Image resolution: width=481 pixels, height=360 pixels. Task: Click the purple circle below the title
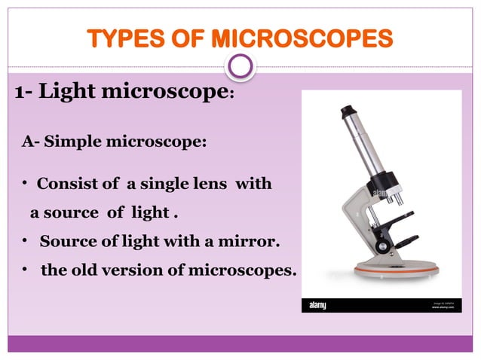click(x=240, y=66)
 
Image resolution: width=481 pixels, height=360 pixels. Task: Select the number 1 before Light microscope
click(x=20, y=93)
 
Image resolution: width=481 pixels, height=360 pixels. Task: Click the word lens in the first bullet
click(x=212, y=184)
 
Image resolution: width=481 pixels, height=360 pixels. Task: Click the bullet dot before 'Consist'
click(x=25, y=184)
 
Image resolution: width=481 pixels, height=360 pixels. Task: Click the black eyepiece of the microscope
click(x=349, y=113)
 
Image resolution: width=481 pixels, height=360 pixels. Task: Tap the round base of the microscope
click(x=397, y=271)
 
